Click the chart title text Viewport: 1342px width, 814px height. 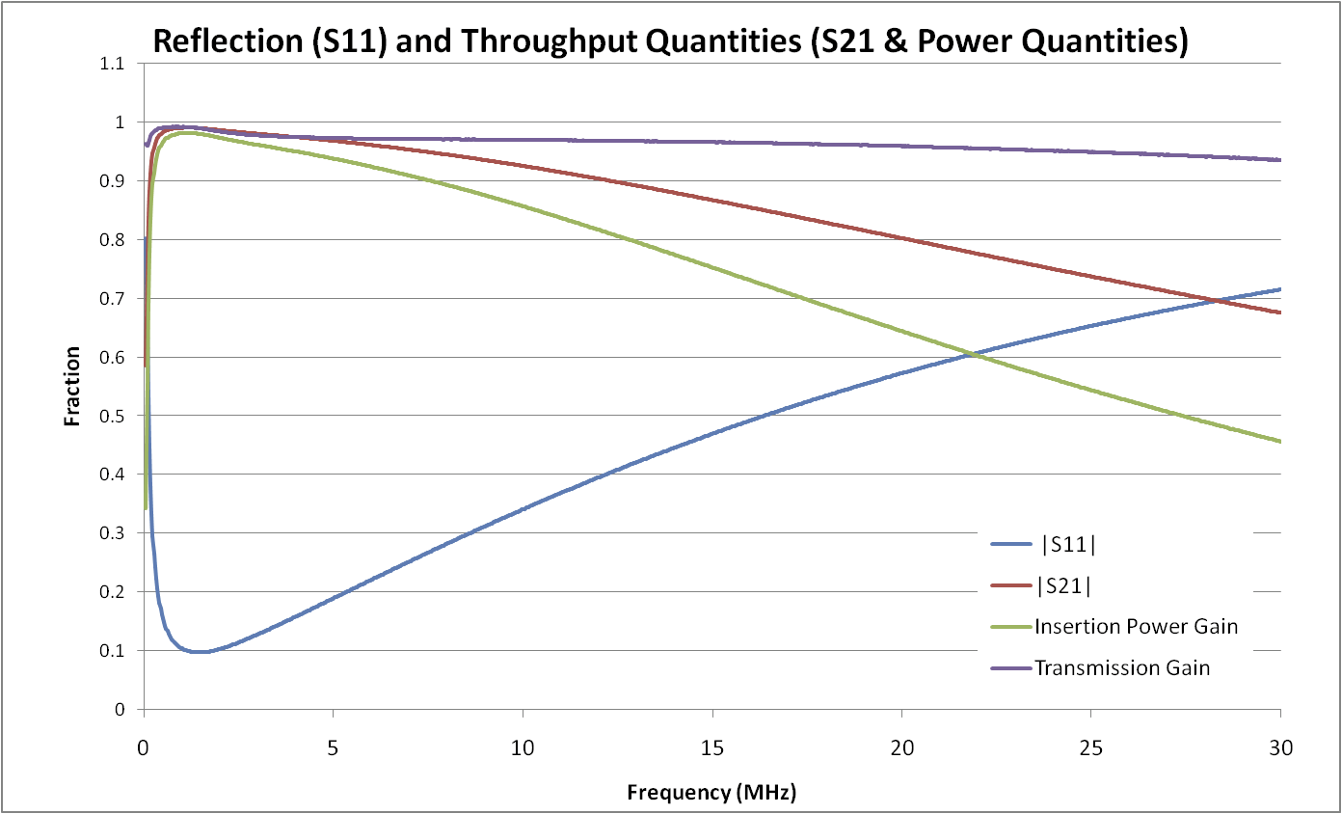(x=669, y=41)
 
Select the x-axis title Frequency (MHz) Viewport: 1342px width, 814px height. (x=712, y=793)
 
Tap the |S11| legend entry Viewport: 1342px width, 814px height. (x=1068, y=544)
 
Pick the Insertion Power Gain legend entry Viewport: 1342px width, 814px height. (x=1136, y=626)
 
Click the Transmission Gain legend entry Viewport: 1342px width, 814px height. (x=1121, y=666)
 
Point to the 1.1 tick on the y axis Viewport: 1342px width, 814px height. (x=114, y=64)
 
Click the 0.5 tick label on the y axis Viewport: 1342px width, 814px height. (x=114, y=417)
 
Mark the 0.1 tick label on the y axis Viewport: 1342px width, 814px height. (x=114, y=651)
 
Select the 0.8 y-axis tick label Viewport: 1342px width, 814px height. (x=114, y=240)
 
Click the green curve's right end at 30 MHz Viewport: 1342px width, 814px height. (x=1279, y=442)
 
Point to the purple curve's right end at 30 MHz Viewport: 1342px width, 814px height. (x=1279, y=160)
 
